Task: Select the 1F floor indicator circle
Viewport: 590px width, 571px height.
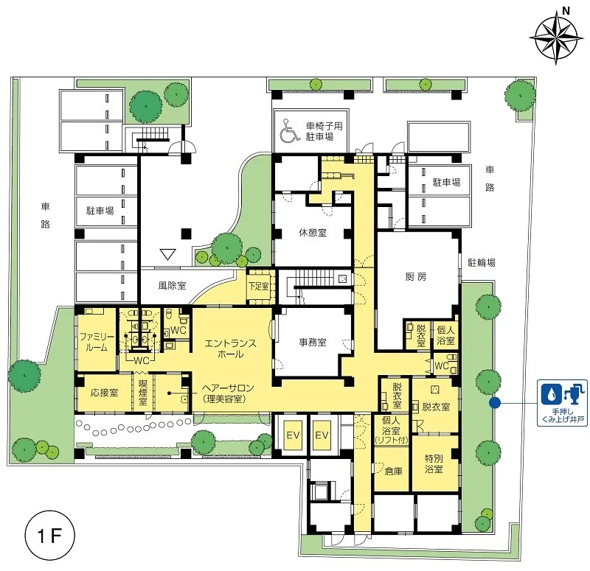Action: pos(49,535)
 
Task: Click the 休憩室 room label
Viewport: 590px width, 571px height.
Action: pos(313,233)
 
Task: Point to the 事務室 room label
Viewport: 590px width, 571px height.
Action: pos(313,342)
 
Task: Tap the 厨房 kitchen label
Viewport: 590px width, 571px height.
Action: pos(416,277)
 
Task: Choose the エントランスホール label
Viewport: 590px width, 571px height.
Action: pos(230,348)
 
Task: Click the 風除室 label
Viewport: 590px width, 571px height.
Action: pos(172,285)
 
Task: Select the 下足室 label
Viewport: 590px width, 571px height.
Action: pos(259,286)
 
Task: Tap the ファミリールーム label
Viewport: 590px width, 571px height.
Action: pos(97,342)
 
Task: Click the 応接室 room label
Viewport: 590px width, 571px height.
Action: pos(105,393)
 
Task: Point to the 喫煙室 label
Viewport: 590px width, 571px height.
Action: pos(143,393)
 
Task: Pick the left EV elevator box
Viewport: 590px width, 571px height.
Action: pos(293,435)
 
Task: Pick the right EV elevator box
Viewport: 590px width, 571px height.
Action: pos(322,435)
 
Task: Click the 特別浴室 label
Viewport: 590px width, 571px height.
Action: pos(434,463)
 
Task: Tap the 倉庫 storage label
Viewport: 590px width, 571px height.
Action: pos(394,471)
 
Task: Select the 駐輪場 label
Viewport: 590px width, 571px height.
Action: pos(482,262)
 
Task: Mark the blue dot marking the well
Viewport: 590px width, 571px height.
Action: pos(494,402)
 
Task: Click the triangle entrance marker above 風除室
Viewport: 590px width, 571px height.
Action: pos(168,254)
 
